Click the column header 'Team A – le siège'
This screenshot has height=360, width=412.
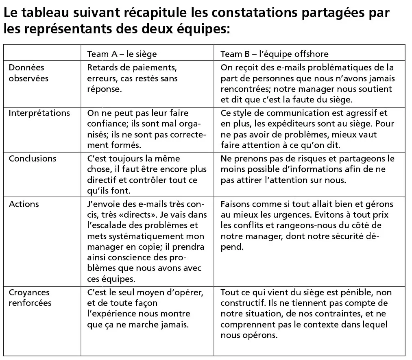click(x=122, y=54)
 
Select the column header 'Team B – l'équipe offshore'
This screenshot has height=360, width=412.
click(x=274, y=54)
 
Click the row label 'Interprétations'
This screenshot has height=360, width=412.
click(x=39, y=113)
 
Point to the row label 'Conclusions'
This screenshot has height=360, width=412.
click(x=33, y=158)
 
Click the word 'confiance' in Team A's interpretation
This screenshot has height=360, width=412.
click(x=105, y=124)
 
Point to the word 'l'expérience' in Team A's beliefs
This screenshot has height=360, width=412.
click(x=112, y=314)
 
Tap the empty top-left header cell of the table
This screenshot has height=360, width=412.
click(x=42, y=54)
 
